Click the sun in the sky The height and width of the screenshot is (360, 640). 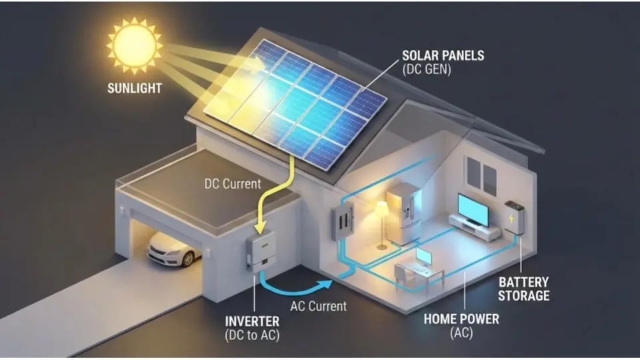[134, 45]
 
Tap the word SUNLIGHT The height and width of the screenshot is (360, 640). [134, 88]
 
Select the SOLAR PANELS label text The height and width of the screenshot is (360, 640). [443, 55]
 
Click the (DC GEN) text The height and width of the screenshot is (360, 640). [427, 70]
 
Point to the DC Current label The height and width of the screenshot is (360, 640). [233, 184]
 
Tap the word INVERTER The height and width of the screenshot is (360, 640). [252, 321]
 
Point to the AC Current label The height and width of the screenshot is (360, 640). [319, 306]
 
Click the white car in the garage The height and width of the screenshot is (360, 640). [174, 249]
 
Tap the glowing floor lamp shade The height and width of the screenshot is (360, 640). [381, 207]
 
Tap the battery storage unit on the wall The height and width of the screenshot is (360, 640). [514, 217]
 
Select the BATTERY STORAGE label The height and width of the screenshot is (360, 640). [524, 289]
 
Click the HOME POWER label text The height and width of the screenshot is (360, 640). [461, 319]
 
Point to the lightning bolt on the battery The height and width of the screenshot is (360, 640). [511, 219]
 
